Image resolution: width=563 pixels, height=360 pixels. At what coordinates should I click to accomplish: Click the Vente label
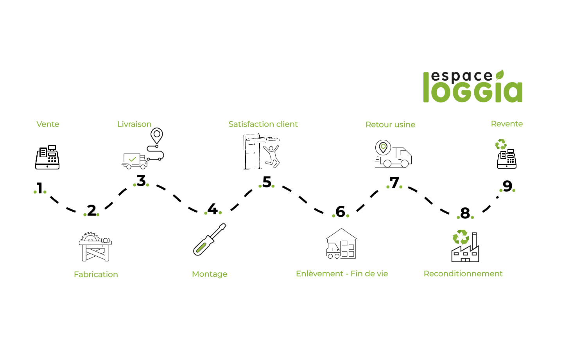tap(48, 124)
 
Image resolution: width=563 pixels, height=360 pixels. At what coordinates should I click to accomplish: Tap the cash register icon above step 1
tap(47, 157)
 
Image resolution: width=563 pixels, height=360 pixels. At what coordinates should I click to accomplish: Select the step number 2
tap(91, 211)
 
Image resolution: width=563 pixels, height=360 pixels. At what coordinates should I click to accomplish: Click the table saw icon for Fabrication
tap(95, 247)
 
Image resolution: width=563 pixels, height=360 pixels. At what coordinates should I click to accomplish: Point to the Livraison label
tap(134, 124)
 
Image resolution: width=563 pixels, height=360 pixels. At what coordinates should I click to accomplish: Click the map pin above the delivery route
tap(157, 135)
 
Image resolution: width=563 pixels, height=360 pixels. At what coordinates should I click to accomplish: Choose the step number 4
tap(213, 209)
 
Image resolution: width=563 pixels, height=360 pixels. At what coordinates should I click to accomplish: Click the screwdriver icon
tap(210, 239)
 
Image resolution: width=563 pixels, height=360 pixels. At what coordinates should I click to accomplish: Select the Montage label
tap(210, 274)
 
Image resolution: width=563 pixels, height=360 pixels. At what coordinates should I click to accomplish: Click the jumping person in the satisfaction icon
tap(272, 156)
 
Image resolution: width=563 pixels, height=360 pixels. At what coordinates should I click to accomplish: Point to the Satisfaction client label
tap(263, 124)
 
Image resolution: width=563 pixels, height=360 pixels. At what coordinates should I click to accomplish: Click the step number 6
tap(341, 212)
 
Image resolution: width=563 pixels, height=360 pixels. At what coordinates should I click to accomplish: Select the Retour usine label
tap(390, 124)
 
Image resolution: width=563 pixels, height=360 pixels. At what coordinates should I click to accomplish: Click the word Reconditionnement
tap(463, 274)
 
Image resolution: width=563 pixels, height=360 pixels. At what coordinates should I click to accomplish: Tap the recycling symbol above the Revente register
tap(501, 144)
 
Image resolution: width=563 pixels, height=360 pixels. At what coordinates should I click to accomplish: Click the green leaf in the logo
tap(500, 75)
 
